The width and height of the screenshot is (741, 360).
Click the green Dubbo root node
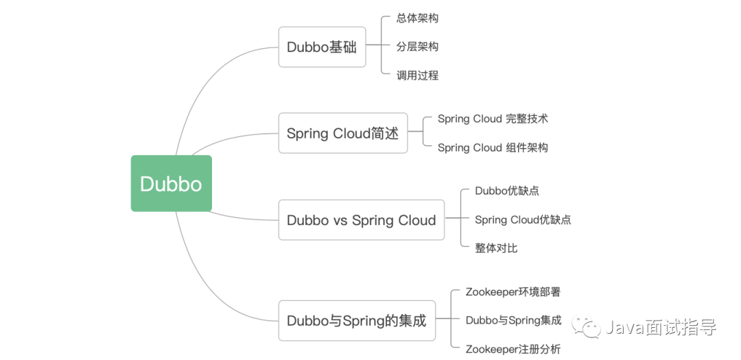point(171,184)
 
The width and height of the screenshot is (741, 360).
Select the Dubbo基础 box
point(322,47)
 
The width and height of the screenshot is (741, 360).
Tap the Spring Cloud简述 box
point(342,133)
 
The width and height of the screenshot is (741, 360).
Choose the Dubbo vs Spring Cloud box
point(361,220)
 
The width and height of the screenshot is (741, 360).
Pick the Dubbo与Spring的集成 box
point(356,320)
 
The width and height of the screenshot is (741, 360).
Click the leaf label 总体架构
point(417,18)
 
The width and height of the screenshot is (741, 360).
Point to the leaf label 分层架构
point(417,47)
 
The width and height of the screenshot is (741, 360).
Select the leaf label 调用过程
point(417,75)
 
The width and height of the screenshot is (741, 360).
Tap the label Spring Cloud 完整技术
point(493,119)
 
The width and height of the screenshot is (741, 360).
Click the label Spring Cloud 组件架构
point(493,147)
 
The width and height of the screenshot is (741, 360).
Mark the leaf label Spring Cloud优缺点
point(523,219)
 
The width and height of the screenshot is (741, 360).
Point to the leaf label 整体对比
point(496,248)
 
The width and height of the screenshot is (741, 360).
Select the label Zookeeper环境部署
point(513,291)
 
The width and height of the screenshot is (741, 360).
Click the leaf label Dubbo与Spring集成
point(513,320)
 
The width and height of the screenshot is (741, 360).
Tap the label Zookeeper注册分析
point(513,349)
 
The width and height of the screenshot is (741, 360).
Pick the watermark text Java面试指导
point(660,328)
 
